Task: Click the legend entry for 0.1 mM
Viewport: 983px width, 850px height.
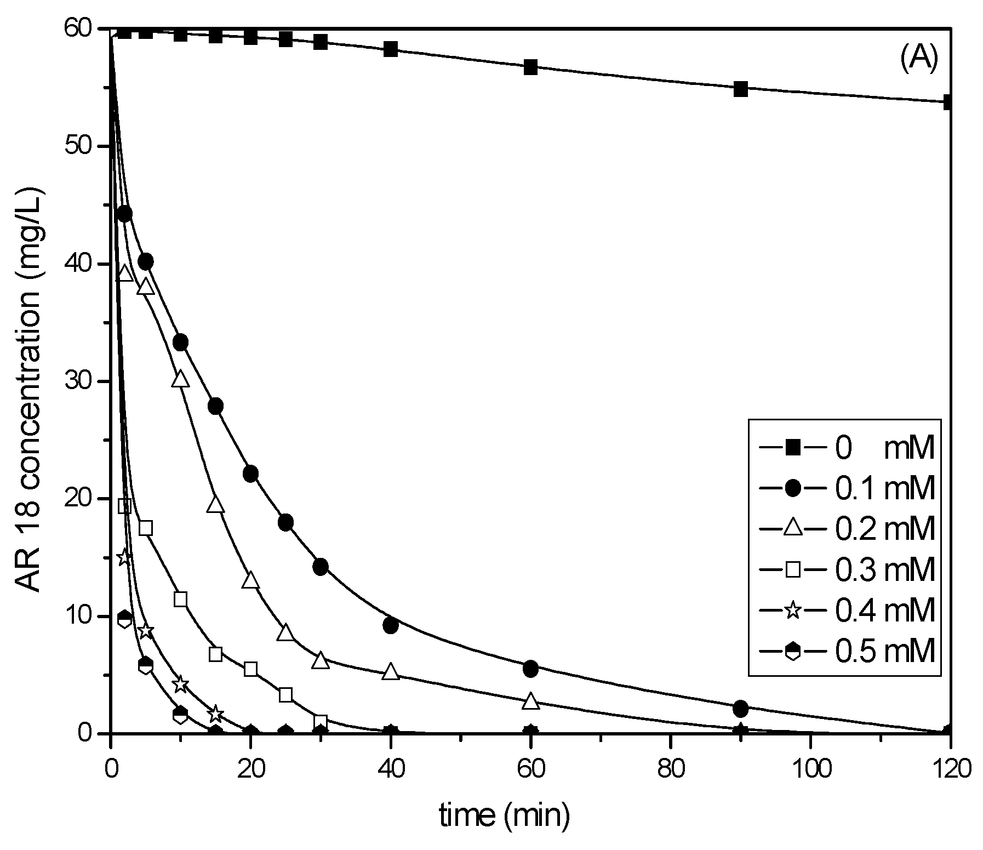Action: coord(844,488)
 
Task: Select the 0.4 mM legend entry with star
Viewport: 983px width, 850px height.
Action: coord(844,611)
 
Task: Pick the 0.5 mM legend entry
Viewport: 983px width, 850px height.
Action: coord(844,652)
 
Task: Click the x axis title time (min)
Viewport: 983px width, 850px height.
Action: coord(505,816)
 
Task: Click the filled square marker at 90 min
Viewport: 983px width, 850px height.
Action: coord(740,89)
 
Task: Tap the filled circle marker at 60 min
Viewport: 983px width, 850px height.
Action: coord(530,669)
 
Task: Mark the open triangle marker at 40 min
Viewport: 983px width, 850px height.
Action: coord(391,671)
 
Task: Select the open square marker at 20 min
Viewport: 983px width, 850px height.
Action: coord(250,669)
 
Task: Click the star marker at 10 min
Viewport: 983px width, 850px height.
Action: coord(180,684)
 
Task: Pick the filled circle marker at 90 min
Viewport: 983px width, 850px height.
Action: coord(740,709)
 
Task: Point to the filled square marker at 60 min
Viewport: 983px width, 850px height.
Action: coord(530,67)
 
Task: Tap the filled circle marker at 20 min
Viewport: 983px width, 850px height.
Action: coord(250,474)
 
